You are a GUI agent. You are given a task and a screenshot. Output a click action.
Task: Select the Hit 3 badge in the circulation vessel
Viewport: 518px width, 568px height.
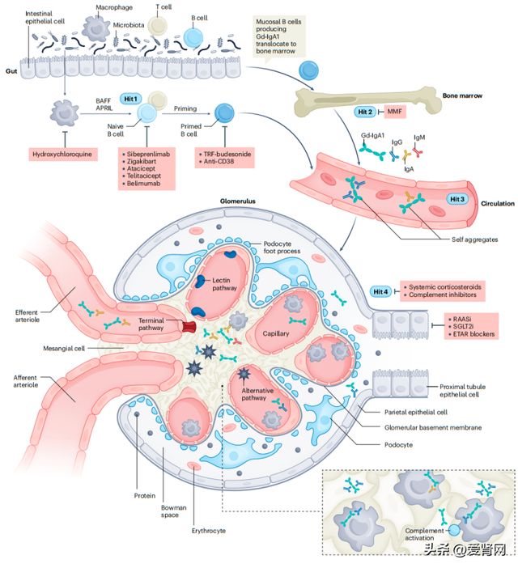[457, 198]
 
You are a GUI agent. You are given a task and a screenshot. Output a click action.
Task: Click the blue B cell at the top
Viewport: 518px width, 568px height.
[194, 38]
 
